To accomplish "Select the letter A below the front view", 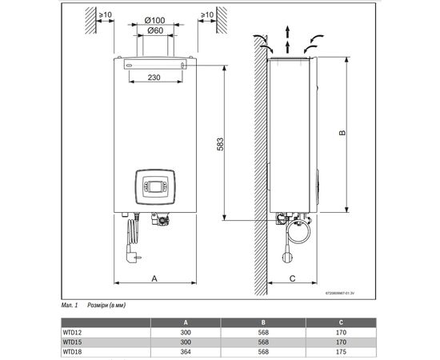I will (154, 279).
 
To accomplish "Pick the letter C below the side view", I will (292, 279).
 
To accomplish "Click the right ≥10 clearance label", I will (207, 15).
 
